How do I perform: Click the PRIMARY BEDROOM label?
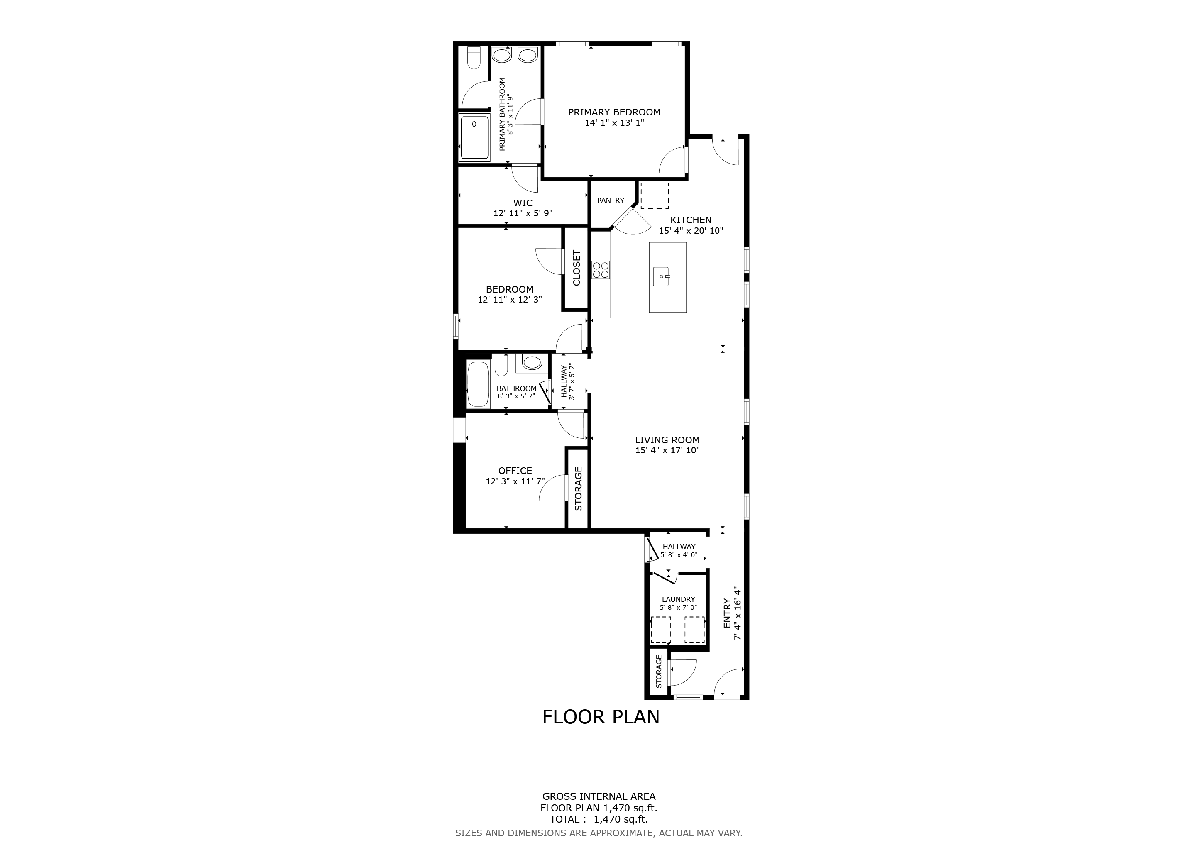[x=614, y=112]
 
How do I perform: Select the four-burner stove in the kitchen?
[x=601, y=269]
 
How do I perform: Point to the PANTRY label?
[x=611, y=200]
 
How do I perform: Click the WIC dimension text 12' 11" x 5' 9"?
[x=523, y=214]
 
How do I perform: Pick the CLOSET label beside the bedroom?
[x=577, y=268]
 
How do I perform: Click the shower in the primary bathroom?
[x=474, y=138]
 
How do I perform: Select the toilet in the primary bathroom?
[x=474, y=58]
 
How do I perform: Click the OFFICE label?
[x=515, y=471]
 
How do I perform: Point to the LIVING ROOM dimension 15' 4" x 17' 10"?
[x=667, y=450]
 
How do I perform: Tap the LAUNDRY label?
[x=679, y=599]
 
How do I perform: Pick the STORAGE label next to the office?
[x=579, y=489]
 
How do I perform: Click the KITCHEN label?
[x=691, y=220]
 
